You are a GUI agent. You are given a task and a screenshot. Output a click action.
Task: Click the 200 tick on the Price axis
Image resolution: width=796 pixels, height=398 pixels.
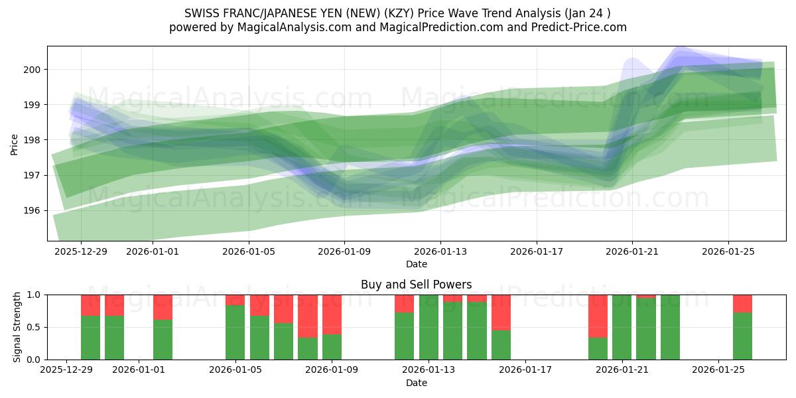34,70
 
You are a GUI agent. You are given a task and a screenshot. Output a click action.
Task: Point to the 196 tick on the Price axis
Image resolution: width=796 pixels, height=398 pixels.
34,210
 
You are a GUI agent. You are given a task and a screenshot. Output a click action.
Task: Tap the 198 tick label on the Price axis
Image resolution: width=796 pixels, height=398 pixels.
34,140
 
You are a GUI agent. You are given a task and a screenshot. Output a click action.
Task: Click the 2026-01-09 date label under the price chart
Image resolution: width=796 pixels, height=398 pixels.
344,251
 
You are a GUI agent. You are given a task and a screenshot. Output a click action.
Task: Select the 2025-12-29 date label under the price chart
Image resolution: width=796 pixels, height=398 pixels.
80,251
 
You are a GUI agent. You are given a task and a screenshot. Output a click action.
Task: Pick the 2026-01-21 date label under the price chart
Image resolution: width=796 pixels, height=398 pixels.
632,251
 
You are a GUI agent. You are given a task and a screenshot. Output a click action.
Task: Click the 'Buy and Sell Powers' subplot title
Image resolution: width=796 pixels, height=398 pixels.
416,285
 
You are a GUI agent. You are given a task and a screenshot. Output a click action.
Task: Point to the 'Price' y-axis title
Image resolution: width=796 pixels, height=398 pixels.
15,144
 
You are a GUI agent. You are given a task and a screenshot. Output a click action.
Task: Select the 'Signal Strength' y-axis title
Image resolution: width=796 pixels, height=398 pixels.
17,327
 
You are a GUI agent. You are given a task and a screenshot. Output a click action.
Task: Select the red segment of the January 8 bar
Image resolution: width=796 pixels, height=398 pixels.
308,316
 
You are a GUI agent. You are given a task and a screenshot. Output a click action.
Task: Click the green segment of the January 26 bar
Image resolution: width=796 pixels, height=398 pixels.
742,336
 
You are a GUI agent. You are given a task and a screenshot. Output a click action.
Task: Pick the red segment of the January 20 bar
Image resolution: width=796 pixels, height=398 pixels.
598,316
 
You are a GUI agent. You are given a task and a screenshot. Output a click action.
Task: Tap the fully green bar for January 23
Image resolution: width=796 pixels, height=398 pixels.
670,327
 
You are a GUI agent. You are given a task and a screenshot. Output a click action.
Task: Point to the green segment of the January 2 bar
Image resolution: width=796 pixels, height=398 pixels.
163,340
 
